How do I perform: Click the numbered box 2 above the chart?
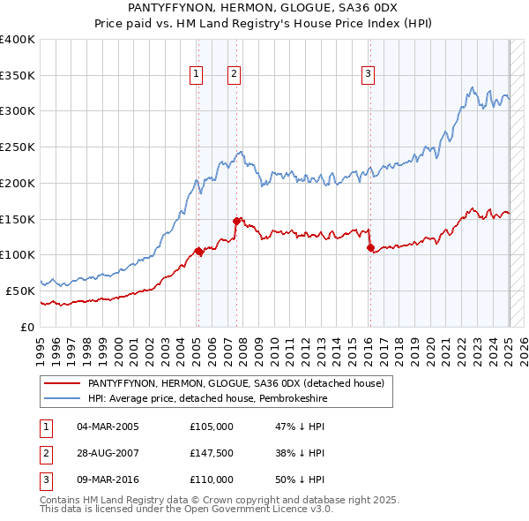(234, 74)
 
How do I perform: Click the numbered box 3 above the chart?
(367, 74)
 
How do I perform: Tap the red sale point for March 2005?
(198, 252)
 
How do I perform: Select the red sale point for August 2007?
(237, 221)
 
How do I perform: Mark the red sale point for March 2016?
(370, 248)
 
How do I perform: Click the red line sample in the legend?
(63, 384)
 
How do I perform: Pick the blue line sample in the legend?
(63, 399)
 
